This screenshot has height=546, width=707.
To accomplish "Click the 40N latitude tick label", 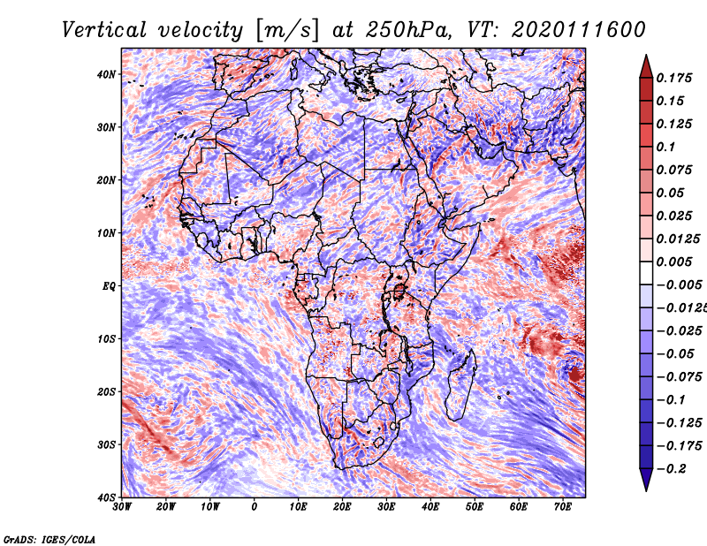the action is tap(106, 74).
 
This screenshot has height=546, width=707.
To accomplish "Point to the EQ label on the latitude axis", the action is tap(109, 286).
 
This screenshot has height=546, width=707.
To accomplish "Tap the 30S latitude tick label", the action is tap(106, 445).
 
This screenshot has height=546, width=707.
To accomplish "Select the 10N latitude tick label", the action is tap(106, 233).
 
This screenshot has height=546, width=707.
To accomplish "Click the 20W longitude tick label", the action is tap(166, 507).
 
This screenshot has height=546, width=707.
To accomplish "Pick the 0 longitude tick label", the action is tap(255, 507).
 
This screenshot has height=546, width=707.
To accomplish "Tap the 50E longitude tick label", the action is tap(475, 507).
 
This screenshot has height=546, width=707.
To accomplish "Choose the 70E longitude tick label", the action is tap(563, 507).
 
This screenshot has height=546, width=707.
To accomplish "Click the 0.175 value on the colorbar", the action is tap(674, 78).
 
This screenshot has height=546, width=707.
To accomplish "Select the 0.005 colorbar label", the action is tap(674, 262).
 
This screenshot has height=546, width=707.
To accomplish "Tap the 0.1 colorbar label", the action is tap(666, 147).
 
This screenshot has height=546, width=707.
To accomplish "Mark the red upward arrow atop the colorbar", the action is tap(646, 66).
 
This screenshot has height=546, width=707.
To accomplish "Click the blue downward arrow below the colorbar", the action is tap(646, 480).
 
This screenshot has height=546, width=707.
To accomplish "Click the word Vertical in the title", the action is tap(104, 30).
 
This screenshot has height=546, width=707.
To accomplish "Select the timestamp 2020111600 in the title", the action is tap(579, 30).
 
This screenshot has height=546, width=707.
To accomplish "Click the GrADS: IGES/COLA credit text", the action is tap(49, 539).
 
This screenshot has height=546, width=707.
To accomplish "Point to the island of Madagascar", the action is tap(460, 384).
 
